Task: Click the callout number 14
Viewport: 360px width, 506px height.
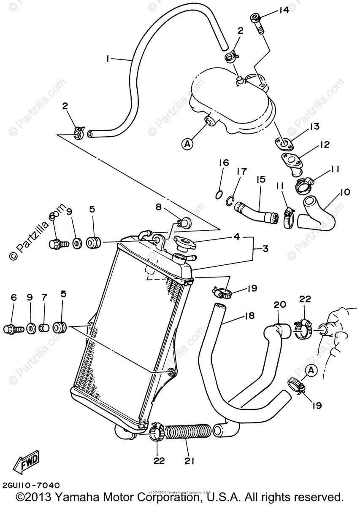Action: coord(283,10)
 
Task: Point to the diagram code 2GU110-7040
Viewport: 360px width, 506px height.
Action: coord(30,485)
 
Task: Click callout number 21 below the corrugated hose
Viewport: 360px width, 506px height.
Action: coord(189,461)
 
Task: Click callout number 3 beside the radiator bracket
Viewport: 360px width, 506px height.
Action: coord(265,249)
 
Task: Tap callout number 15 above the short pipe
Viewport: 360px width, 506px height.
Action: coord(260,180)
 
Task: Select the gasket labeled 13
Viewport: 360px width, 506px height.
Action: coord(285,144)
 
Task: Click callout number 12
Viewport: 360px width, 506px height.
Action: coord(324,145)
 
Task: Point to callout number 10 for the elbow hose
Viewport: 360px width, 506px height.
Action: coord(345,192)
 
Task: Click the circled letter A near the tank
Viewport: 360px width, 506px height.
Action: coord(187,144)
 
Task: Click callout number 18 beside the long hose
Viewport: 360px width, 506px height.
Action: coord(249,316)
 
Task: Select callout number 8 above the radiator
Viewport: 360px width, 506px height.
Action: coord(158,207)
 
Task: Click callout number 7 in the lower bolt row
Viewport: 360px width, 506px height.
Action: coord(44,297)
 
